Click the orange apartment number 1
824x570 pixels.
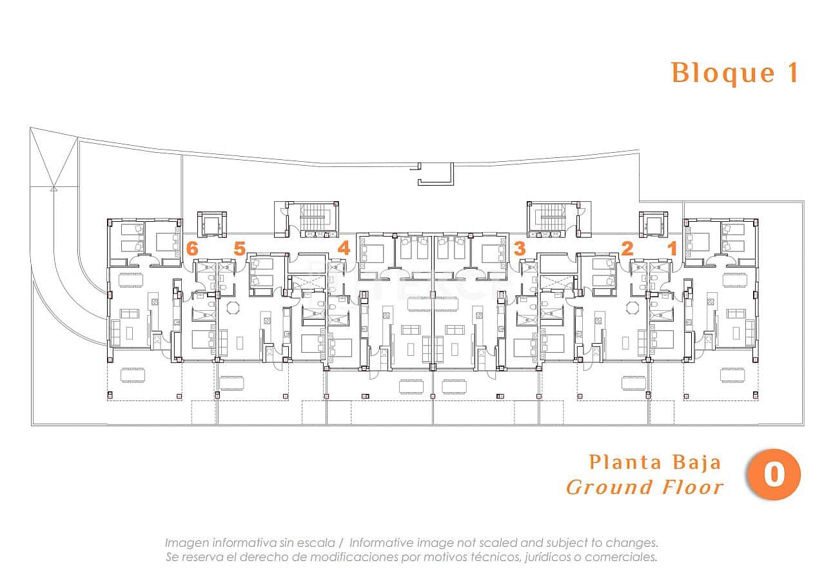(x=672, y=248)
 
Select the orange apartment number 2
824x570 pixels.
(x=627, y=248)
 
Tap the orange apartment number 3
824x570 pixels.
(x=520, y=248)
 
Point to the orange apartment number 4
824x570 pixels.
(x=344, y=248)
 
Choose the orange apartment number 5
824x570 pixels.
(x=239, y=248)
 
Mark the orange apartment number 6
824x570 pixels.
(x=191, y=248)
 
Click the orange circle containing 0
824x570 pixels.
(x=773, y=475)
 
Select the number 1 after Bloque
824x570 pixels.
(x=792, y=72)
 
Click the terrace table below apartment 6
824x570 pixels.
(x=133, y=375)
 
